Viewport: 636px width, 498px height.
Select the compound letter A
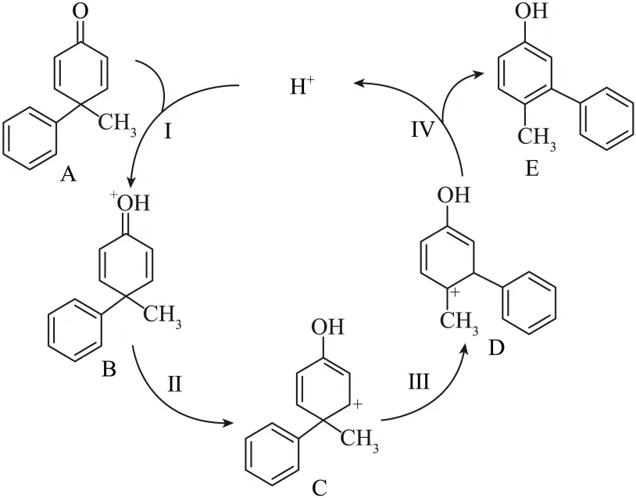pyautogui.click(x=69, y=174)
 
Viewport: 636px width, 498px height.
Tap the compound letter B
pyautogui.click(x=109, y=367)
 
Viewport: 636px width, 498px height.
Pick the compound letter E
pyautogui.click(x=531, y=169)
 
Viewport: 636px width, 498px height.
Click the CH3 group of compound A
pyautogui.click(x=116, y=122)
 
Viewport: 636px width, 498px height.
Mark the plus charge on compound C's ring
pyautogui.click(x=359, y=405)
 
